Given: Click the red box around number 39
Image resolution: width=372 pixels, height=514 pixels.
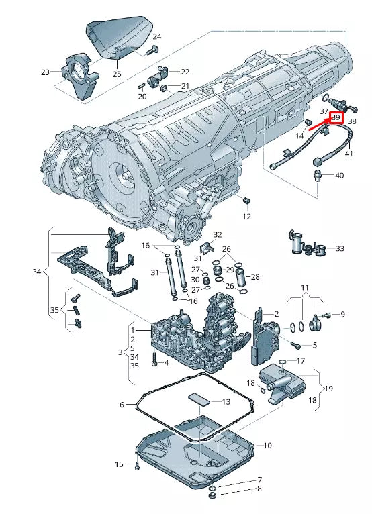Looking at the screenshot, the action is (x=336, y=118).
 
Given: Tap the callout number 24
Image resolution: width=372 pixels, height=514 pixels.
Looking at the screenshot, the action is (x=157, y=36).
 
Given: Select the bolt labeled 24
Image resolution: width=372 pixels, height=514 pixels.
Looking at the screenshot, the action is (x=152, y=50).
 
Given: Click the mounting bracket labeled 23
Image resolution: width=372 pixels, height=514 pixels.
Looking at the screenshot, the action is (x=79, y=75).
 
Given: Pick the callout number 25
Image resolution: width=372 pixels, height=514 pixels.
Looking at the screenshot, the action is (x=117, y=74).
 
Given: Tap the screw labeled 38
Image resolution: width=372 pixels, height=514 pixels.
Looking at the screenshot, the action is (x=353, y=109).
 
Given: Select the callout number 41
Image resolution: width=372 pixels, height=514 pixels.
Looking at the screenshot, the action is (x=348, y=153).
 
